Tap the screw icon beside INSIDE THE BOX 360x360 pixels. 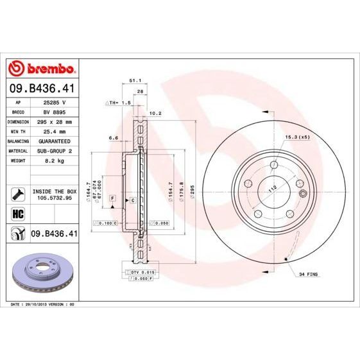pyautogui.click(x=17, y=192)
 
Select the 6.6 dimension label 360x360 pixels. pyautogui.click(x=114, y=137)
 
